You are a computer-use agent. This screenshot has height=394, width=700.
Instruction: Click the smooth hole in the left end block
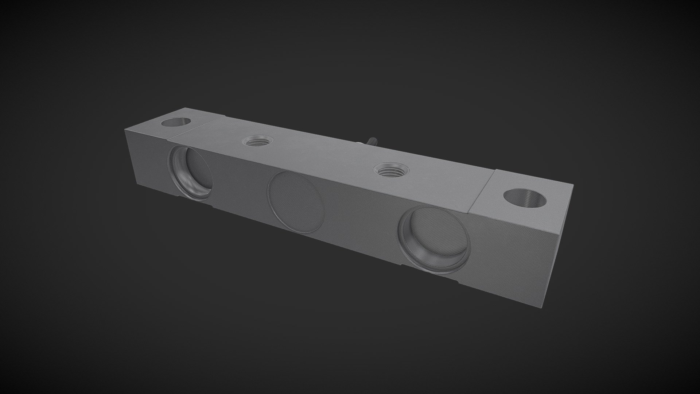coord(176,122)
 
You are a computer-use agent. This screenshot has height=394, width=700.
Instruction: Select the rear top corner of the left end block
coord(185,108)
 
